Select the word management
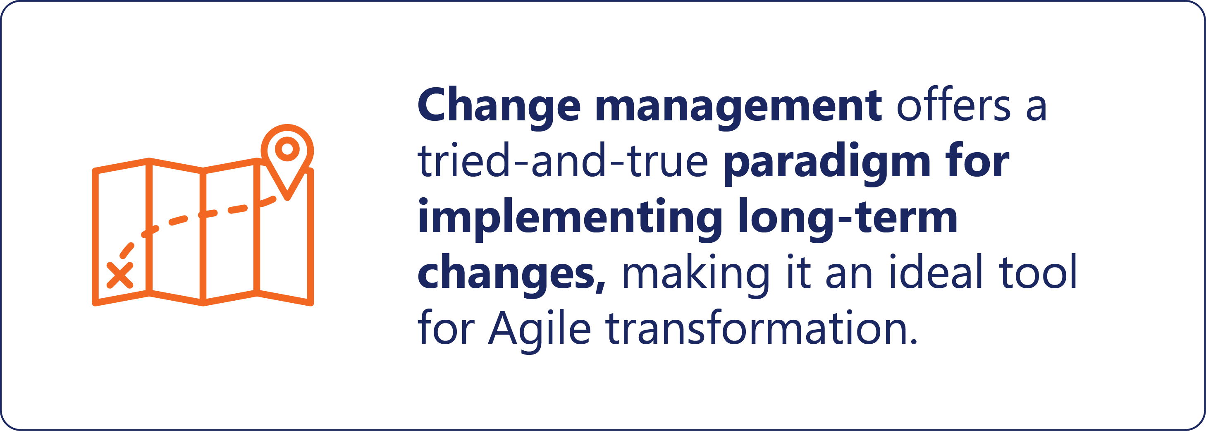pos(738,107)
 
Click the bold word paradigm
pos(826,163)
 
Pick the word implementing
pos(570,219)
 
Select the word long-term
pos(848,219)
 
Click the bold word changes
pos(511,275)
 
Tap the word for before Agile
pos(446,327)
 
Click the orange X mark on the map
pos(120,275)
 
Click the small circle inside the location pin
pos(287,149)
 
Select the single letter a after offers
pos(1036,107)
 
